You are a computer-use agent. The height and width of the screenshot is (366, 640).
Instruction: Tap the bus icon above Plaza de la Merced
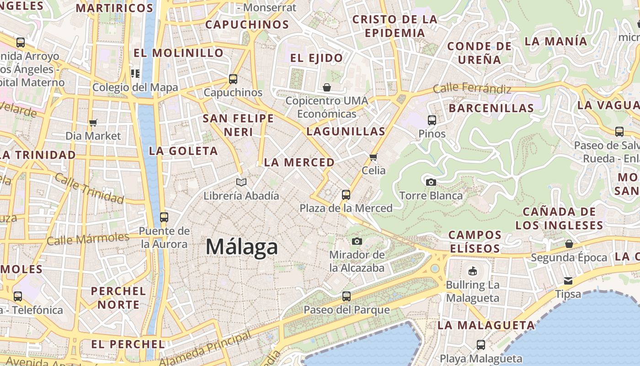tap(346, 195)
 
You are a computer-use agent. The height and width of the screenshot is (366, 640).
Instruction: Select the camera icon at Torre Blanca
tap(431, 182)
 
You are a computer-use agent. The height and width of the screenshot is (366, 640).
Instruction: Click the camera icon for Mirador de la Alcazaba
tap(357, 241)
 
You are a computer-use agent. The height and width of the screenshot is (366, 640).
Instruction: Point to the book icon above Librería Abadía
tap(241, 183)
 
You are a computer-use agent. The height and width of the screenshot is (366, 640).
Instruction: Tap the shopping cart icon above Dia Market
tap(93, 123)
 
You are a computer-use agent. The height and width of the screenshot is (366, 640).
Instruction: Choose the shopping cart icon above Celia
tap(373, 157)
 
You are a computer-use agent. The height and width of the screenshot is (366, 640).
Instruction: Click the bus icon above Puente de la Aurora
tap(164, 217)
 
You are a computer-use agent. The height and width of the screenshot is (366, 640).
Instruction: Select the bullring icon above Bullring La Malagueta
tap(473, 271)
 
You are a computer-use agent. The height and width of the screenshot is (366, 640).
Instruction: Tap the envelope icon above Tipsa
tap(568, 280)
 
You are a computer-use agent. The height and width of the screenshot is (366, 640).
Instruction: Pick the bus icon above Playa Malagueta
tap(481, 345)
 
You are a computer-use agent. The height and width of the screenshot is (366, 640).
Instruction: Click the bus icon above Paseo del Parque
tap(347, 296)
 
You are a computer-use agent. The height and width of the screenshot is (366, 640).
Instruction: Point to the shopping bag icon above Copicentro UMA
tap(327, 87)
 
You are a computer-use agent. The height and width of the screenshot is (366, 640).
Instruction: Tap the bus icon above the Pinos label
tap(432, 120)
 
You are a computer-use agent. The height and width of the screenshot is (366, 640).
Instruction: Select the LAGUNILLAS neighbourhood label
tap(346, 132)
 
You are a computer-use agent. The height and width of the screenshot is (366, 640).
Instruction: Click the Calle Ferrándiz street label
tap(472, 88)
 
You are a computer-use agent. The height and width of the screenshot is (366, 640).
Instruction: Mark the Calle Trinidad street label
tap(89, 188)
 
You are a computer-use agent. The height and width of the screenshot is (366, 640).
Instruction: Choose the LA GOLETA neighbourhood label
tap(183, 151)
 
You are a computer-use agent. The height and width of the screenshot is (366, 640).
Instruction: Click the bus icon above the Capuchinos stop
tap(233, 79)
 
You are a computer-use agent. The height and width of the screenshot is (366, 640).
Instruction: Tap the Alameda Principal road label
tap(206, 348)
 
